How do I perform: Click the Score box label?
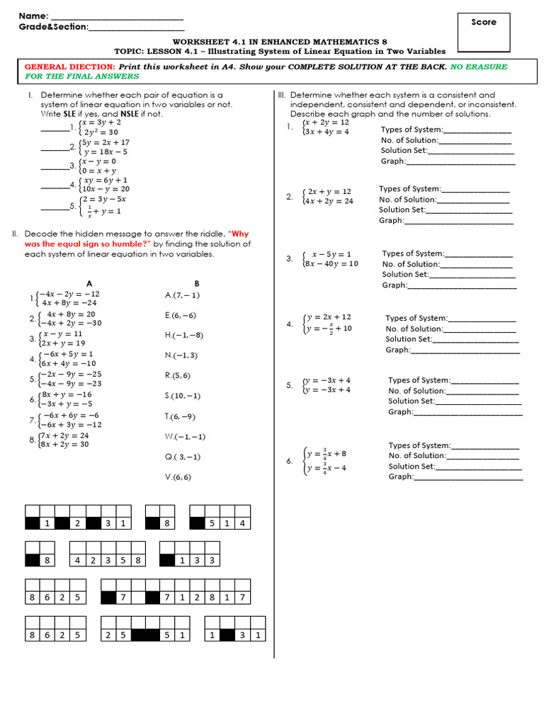tap(484, 22)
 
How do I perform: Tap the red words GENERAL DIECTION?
tap(69, 67)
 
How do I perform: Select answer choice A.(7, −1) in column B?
tap(182, 295)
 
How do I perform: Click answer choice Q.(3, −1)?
tap(182, 457)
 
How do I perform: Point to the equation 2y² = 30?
tap(101, 132)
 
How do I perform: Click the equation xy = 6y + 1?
tap(104, 181)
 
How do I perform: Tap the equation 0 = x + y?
tap(98, 171)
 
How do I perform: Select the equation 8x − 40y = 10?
tap(330, 263)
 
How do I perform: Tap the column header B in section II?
tap(197, 282)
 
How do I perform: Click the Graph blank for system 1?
tap(460, 161)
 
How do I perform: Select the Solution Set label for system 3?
tap(405, 274)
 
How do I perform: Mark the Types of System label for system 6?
tap(419, 445)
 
